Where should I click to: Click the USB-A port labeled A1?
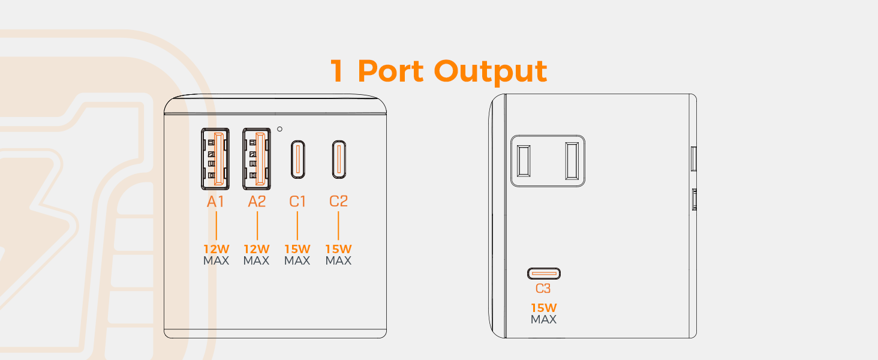pyautogui.click(x=215, y=159)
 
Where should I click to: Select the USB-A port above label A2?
pyautogui.click(x=257, y=159)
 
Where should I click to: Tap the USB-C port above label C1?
pyautogui.click(x=297, y=160)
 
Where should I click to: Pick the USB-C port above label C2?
pyautogui.click(x=339, y=160)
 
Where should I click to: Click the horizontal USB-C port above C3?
pyautogui.click(x=543, y=274)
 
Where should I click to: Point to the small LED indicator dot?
pyautogui.click(x=280, y=129)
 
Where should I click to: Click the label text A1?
pyautogui.click(x=215, y=202)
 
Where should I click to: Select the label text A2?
pyautogui.click(x=257, y=202)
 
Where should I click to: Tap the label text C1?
pyautogui.click(x=297, y=202)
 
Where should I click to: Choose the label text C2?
pyautogui.click(x=339, y=202)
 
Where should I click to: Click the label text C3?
pyautogui.click(x=543, y=289)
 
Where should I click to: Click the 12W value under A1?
pyautogui.click(x=215, y=249)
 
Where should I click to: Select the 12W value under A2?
pyautogui.click(x=257, y=249)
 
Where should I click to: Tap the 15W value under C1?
pyautogui.click(x=297, y=249)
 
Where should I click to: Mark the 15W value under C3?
pyautogui.click(x=543, y=308)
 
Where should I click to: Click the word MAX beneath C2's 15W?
pyautogui.click(x=339, y=261)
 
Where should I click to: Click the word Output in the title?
pyautogui.click(x=491, y=71)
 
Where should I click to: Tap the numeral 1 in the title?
pyautogui.click(x=338, y=71)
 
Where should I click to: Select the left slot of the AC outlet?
pyautogui.click(x=524, y=160)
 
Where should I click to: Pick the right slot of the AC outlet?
pyautogui.click(x=571, y=160)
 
